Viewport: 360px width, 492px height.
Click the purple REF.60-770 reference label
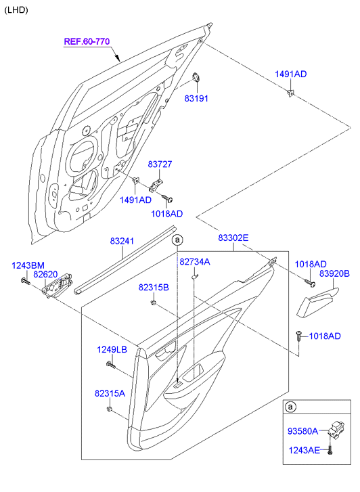point(87,41)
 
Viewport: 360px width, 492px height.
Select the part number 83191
point(196,98)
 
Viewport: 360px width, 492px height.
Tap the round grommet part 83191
point(196,76)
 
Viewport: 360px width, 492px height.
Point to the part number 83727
point(160,164)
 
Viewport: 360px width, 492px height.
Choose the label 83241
point(122,241)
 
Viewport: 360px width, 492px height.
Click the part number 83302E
point(233,238)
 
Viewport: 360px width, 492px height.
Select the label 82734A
point(195,262)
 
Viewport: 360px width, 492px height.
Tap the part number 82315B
point(154,287)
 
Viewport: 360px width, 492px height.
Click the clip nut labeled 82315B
point(154,303)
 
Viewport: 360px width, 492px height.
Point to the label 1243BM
point(28,265)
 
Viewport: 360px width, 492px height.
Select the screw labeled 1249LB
point(111,365)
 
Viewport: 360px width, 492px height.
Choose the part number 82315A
point(110,393)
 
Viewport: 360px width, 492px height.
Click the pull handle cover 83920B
point(317,302)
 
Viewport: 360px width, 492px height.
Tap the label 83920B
point(334,273)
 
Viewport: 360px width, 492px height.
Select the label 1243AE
point(304,450)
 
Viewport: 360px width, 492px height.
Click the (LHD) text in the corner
point(16,10)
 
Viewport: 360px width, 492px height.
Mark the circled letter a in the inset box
point(290,407)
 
